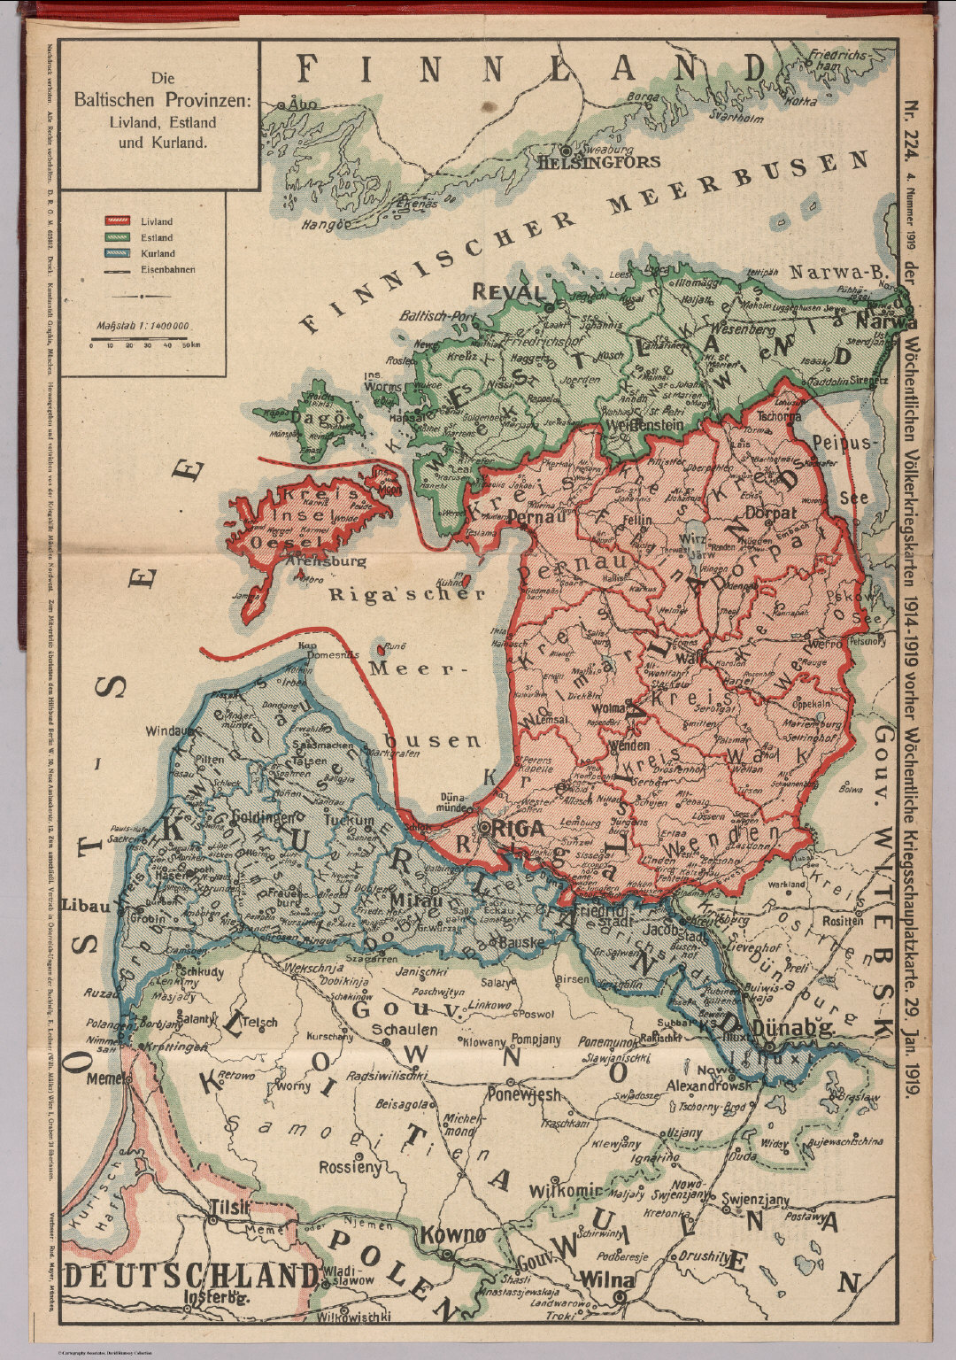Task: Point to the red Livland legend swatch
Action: point(118,221)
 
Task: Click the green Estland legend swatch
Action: point(118,237)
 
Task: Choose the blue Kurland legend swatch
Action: point(118,253)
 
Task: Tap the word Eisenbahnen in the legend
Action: point(167,269)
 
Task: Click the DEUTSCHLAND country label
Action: point(192,1276)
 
